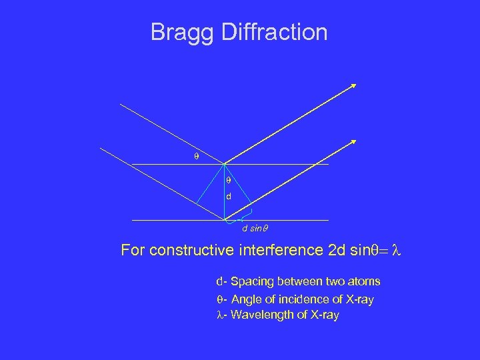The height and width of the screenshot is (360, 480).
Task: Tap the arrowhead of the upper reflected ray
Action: [x=353, y=85]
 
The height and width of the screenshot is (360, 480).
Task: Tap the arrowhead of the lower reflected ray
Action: [x=354, y=141]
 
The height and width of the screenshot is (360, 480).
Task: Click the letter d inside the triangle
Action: [x=228, y=197]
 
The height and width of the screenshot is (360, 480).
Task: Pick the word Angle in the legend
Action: [x=246, y=299]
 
